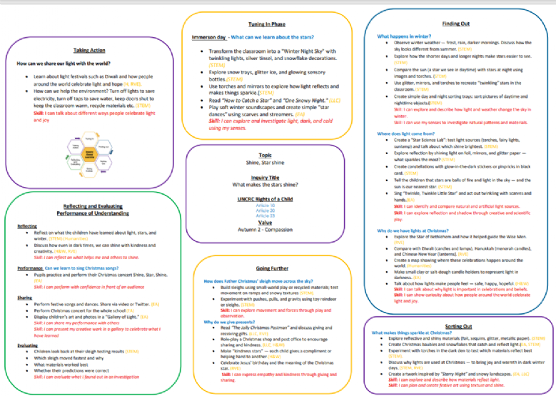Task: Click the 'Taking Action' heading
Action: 89,49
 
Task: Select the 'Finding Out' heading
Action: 455,24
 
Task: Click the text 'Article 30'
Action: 266,205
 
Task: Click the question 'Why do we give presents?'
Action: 231,322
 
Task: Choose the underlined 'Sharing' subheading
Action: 24,297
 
